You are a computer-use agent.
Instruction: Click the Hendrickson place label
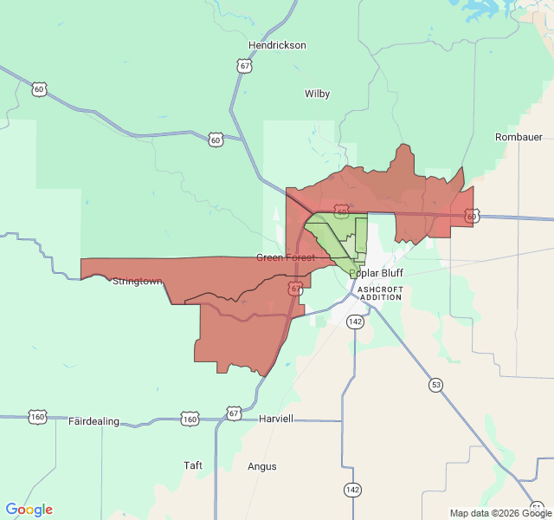coord(277,45)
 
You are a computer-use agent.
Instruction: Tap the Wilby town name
coord(317,94)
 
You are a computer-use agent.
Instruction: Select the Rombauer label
coord(518,137)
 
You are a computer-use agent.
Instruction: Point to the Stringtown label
coord(138,281)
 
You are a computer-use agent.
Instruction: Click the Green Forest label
coord(285,257)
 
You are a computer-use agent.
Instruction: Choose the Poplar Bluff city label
coord(376,272)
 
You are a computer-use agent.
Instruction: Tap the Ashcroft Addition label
coord(380,292)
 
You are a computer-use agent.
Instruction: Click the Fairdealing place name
coord(93,421)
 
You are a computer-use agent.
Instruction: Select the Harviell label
coord(276,419)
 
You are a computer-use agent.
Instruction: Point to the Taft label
coord(193,465)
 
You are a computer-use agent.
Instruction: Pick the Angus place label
coord(262,466)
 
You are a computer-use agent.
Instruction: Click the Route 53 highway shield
coord(435,384)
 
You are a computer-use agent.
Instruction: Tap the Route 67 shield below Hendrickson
coord(246,65)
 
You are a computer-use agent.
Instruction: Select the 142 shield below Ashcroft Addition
coord(355,322)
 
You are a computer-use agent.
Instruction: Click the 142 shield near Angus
coord(351,490)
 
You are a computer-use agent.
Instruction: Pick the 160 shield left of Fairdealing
coord(37,417)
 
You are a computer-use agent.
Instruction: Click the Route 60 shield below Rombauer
coord(471,217)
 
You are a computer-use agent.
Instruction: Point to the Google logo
coord(29,510)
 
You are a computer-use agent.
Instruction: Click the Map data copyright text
coord(500,513)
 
